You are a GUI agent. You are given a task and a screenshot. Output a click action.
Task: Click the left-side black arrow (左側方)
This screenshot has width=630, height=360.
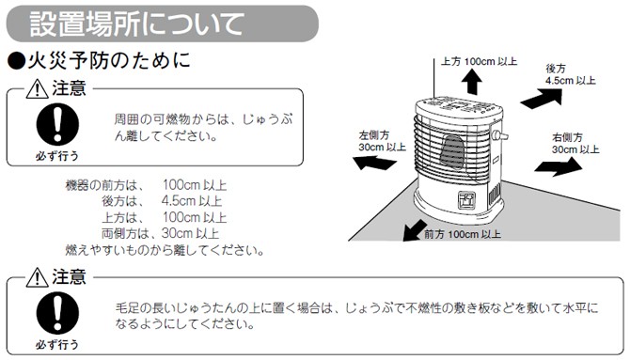(x=375, y=163)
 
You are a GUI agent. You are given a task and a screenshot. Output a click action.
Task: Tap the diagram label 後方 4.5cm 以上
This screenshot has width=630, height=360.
(x=570, y=74)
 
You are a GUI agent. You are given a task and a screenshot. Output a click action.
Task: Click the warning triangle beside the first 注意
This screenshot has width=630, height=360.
(x=38, y=90)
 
